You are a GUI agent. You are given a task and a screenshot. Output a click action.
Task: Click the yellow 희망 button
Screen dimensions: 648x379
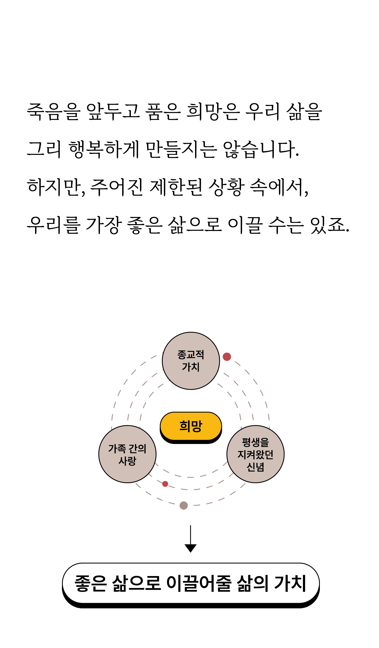pyautogui.click(x=191, y=426)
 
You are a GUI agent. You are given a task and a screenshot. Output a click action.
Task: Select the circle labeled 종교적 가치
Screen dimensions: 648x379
pyautogui.click(x=191, y=361)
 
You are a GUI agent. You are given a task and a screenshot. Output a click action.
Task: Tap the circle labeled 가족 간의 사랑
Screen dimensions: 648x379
pyautogui.click(x=127, y=454)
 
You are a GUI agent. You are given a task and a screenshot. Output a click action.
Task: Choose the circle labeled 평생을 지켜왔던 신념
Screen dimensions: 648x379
pyautogui.click(x=255, y=454)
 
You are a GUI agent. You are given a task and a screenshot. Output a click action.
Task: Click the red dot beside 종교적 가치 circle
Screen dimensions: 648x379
pyautogui.click(x=227, y=357)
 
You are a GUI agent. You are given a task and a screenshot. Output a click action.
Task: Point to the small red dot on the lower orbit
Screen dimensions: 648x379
pyautogui.click(x=165, y=484)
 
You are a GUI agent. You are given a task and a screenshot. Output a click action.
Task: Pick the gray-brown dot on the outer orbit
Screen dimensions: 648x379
pyautogui.click(x=183, y=506)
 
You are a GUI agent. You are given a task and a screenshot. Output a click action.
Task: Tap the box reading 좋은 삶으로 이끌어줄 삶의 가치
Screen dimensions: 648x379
pyautogui.click(x=191, y=583)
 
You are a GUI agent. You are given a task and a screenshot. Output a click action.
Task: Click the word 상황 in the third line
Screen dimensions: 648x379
pyautogui.click(x=226, y=187)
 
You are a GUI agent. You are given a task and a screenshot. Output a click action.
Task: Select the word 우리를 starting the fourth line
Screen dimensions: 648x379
pyautogui.click(x=53, y=225)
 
